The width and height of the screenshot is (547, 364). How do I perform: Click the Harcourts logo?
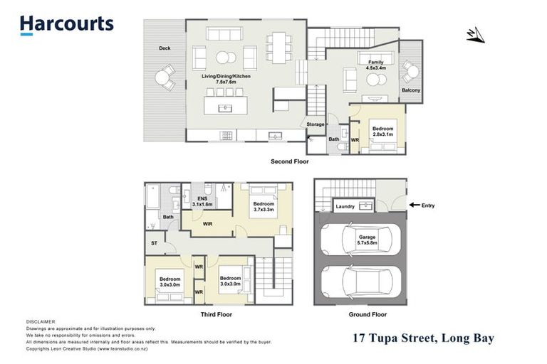[x=66, y=24]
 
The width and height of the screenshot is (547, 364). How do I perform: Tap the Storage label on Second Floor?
[x=315, y=124]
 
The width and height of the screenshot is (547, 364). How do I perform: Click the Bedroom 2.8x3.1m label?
[x=382, y=132]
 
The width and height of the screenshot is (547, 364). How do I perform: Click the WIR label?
[x=207, y=224]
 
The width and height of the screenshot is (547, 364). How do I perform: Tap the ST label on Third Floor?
[x=154, y=244]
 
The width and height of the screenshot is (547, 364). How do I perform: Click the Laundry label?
[x=345, y=207]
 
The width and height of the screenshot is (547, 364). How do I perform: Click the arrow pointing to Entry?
[x=415, y=205]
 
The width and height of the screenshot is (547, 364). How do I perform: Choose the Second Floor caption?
[x=289, y=161]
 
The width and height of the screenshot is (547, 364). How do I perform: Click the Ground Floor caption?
[x=368, y=314]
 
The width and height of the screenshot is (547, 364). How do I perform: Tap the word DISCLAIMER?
[x=41, y=322]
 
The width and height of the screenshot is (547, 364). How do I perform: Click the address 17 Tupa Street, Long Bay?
[x=423, y=338]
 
